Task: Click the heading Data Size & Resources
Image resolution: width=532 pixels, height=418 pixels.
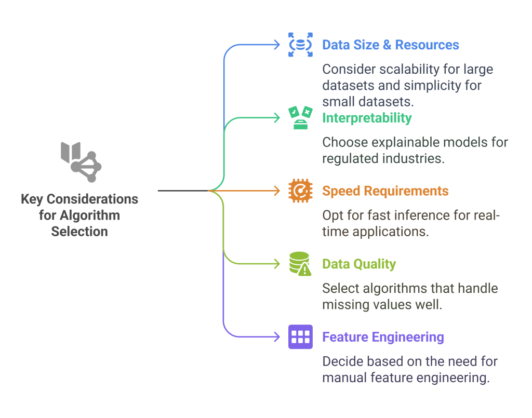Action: point(390,45)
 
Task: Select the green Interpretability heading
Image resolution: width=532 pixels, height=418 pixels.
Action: point(367,118)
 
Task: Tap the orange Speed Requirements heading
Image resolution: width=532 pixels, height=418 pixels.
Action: point(385,191)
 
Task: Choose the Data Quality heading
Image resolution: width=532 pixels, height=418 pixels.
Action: point(359,264)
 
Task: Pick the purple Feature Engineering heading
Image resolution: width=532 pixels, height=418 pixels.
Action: point(383,338)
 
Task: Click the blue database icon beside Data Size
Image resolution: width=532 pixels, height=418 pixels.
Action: point(300,45)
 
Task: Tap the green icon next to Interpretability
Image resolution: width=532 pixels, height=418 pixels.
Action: point(300,118)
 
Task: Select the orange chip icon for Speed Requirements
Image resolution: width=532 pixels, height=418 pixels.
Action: point(300,191)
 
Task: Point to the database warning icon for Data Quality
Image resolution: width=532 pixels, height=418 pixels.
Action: point(300,264)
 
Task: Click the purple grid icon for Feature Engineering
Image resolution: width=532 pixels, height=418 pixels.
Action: point(300,337)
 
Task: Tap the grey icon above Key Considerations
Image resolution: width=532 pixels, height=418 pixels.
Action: point(81,161)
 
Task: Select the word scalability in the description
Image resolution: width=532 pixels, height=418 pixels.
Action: point(400,69)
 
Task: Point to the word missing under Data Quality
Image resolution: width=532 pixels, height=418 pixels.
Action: point(345,305)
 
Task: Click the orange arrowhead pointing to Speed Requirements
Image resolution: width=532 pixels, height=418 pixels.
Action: point(277,191)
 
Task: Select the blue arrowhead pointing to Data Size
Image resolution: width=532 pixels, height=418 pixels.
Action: point(277,45)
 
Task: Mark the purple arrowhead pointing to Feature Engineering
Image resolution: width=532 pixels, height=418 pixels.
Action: point(277,338)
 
